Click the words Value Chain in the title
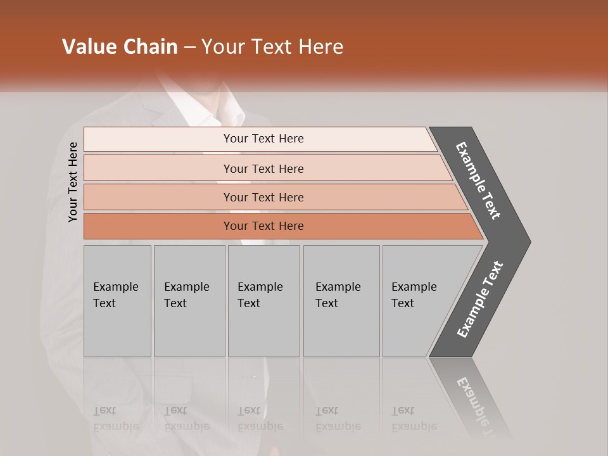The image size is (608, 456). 120,47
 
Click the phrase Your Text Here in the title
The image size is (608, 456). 272,47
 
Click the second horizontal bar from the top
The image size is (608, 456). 263,168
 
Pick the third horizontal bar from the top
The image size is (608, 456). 263,197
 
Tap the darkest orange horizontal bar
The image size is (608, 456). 263,226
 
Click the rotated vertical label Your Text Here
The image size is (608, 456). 73,182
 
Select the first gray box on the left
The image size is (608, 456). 117,301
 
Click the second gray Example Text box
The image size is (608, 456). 189,301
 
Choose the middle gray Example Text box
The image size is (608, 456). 263,301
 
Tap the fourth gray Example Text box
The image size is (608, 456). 341,301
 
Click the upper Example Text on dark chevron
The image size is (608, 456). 478,180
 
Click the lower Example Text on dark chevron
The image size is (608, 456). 480,300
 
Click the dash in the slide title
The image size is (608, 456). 189,47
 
